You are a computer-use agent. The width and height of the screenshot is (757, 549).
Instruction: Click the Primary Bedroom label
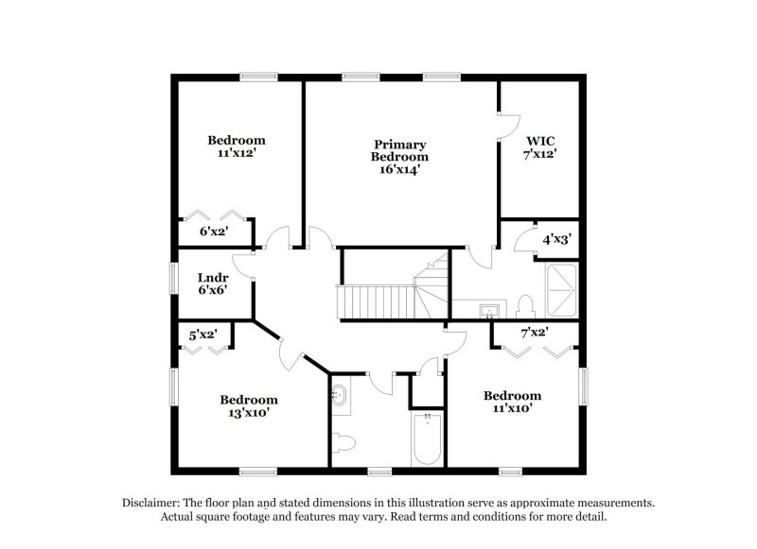(398, 150)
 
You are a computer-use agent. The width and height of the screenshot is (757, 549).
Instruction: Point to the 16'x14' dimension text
(398, 170)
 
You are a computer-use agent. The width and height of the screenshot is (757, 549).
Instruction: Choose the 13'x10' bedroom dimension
(249, 412)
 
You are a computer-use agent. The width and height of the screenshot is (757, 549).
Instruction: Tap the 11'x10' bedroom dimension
(512, 408)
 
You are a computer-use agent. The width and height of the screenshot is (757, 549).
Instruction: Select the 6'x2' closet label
(212, 231)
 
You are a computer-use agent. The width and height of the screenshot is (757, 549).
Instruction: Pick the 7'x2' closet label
(535, 332)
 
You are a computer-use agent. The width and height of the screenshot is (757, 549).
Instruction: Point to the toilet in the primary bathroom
(526, 305)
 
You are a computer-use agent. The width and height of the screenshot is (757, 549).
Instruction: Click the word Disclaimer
(151, 503)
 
